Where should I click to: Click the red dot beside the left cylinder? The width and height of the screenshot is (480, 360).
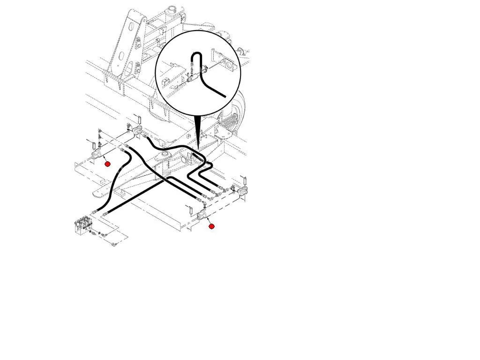[107, 164]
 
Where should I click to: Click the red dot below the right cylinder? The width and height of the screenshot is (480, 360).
[211, 226]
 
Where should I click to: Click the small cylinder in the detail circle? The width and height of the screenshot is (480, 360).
[192, 80]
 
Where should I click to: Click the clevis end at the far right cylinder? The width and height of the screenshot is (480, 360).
[242, 192]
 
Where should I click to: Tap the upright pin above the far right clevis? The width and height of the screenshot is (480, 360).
[244, 180]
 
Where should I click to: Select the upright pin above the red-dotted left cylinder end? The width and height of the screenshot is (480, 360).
[93, 142]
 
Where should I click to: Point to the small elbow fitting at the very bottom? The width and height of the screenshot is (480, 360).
[114, 244]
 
